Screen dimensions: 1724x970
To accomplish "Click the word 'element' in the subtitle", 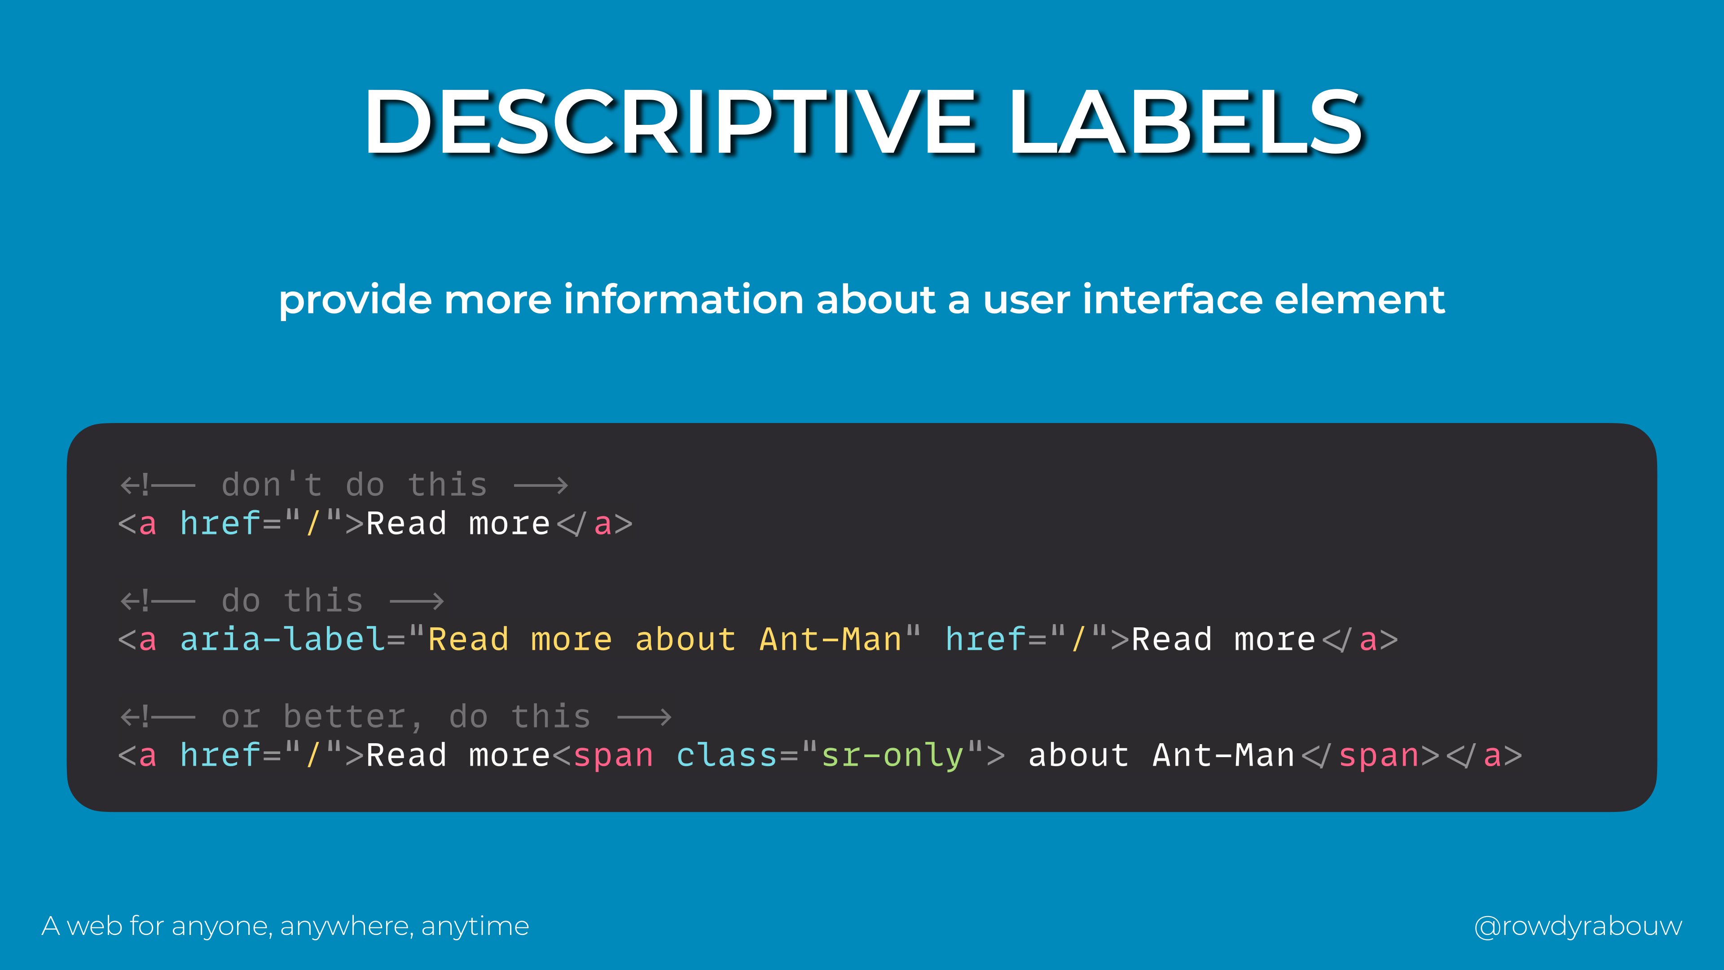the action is pos(1359,299).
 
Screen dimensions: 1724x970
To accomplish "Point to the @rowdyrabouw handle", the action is pos(1578,926).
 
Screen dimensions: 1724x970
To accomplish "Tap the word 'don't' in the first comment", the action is pos(272,485).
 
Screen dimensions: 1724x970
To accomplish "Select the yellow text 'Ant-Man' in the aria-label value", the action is pos(831,639).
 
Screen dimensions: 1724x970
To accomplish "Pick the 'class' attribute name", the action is pos(726,755).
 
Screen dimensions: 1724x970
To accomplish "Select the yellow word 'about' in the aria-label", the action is pos(685,639).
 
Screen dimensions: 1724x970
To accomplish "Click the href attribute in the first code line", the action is pos(220,524).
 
